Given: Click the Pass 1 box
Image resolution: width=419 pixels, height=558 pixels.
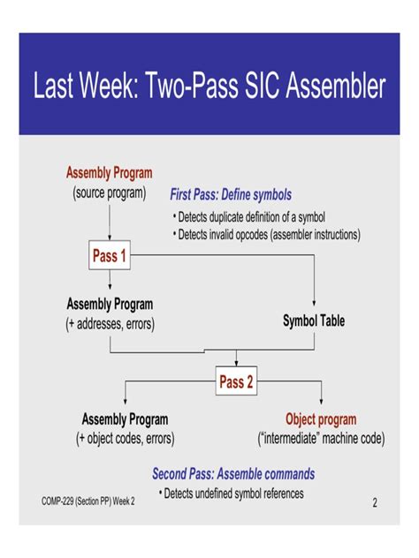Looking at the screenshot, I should [110, 256].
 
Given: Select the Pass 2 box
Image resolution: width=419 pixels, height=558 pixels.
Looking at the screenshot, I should [236, 382].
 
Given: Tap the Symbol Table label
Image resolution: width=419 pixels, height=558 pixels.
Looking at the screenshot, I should [314, 320].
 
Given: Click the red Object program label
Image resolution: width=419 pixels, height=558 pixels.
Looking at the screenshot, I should [321, 419].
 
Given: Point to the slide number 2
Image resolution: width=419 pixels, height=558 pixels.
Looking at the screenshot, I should [375, 503].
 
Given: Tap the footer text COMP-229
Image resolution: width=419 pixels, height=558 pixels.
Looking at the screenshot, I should [62, 501].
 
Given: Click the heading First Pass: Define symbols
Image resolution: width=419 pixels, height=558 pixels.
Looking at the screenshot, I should [230, 194].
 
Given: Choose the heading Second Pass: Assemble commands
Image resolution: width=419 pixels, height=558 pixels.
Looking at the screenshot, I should [233, 474].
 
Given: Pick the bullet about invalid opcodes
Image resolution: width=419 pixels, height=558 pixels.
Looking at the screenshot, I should [265, 235].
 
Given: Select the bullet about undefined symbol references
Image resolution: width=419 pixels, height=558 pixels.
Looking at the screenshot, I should [232, 494].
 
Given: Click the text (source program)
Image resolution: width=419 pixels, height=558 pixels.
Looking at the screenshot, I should [109, 192].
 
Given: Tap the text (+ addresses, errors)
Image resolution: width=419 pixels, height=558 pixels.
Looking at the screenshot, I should [110, 324].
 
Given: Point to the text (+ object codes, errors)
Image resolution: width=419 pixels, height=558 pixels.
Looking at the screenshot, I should [125, 438].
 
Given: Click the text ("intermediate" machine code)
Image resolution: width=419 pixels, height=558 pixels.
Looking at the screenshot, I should [321, 438].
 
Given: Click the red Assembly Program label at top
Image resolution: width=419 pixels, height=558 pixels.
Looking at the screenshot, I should [110, 173].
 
